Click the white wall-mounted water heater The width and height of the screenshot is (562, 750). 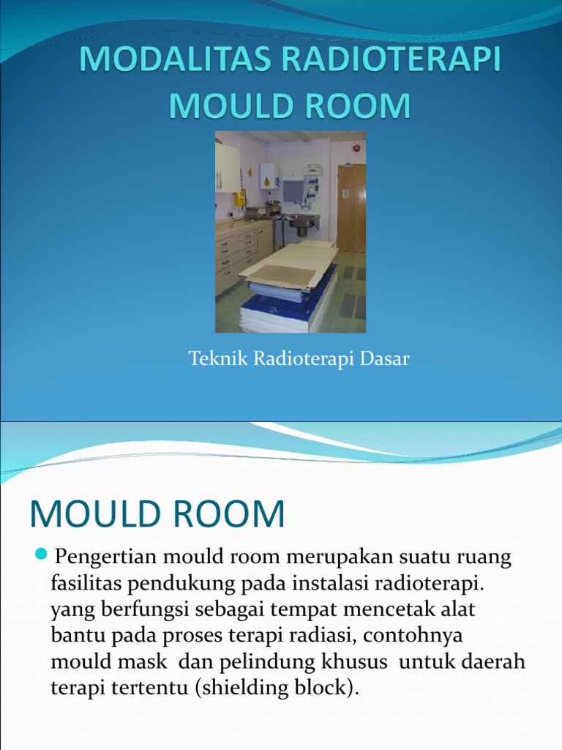point(269,176)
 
